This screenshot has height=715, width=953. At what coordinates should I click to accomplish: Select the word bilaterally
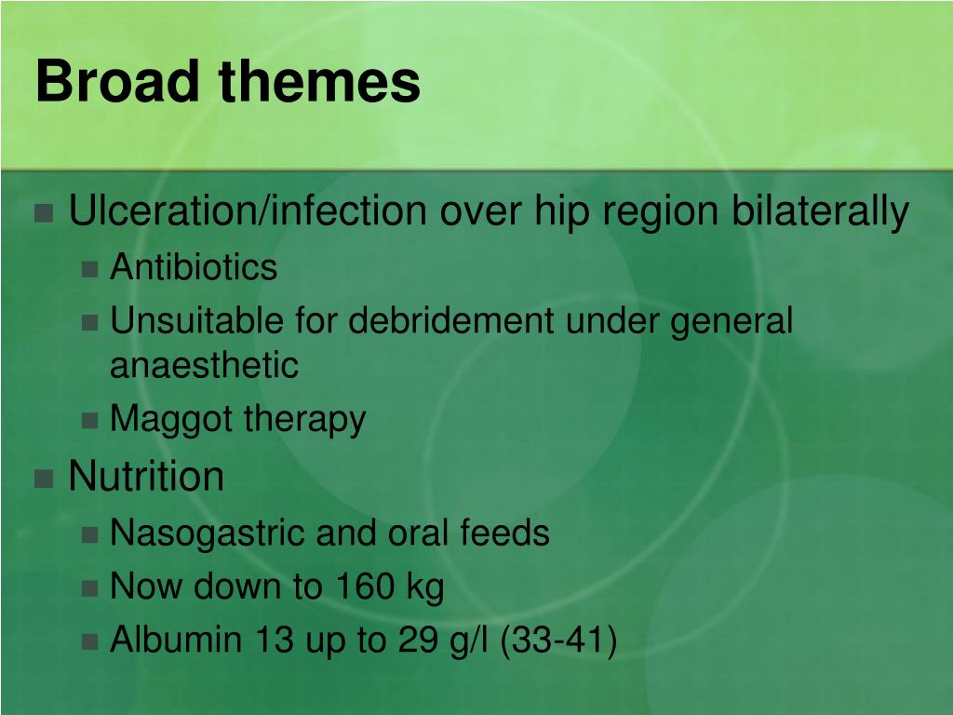tap(819, 212)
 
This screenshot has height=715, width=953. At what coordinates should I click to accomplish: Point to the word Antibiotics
tap(194, 268)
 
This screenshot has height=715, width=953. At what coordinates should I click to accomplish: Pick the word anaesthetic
tap(204, 366)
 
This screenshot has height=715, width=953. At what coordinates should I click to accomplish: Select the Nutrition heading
tap(146, 477)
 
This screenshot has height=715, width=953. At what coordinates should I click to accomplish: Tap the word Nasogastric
tap(208, 533)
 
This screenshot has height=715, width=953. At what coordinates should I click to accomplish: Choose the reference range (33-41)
tap(558, 641)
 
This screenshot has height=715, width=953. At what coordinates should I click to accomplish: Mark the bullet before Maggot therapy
tap(89, 422)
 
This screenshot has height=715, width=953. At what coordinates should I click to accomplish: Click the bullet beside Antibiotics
tap(89, 270)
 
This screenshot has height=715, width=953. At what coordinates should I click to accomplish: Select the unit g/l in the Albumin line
tap(468, 641)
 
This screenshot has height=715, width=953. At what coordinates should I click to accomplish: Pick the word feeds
tap(504, 533)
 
